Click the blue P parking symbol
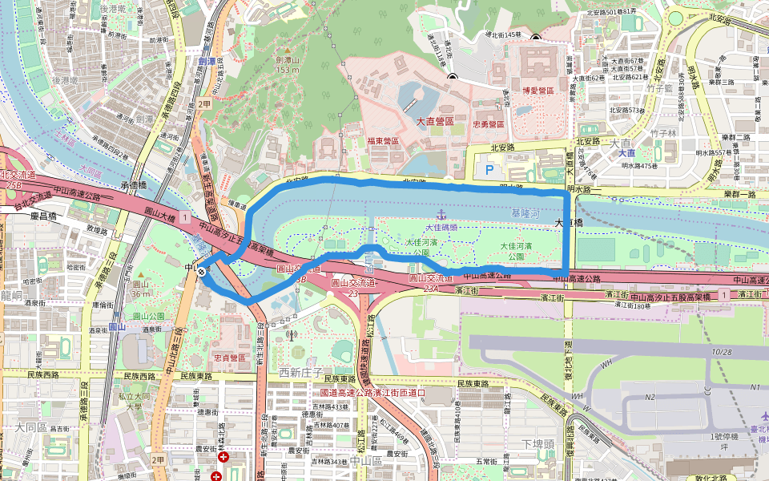click(x=490, y=169)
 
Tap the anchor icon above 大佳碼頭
click(x=439, y=215)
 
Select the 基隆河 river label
click(x=525, y=214)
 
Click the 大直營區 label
click(x=435, y=120)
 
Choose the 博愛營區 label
click(x=538, y=91)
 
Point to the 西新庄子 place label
click(x=300, y=372)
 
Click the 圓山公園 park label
click(x=149, y=316)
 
